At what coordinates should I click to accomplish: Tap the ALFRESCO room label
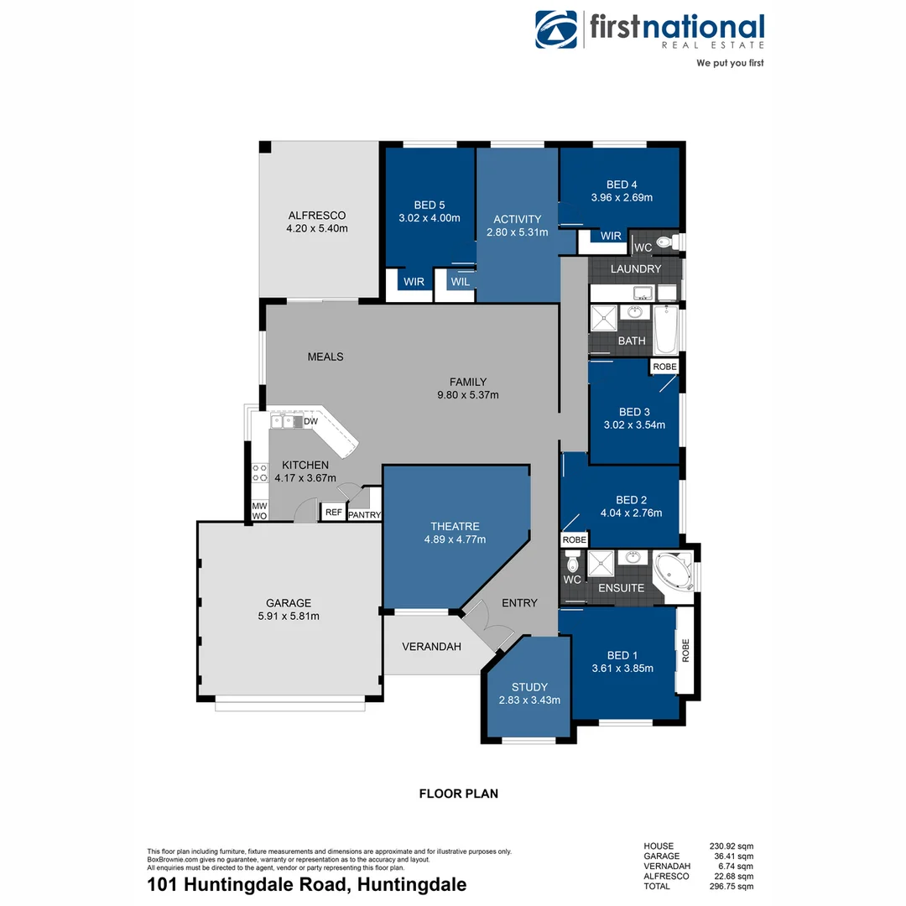pos(316,215)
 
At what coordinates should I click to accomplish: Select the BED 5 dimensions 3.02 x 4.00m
pos(430,218)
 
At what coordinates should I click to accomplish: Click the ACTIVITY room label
pos(517,219)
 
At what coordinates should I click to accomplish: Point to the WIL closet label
pos(461,282)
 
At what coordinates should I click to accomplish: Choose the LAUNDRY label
pos(635,269)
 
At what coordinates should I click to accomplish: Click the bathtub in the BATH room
pos(665,329)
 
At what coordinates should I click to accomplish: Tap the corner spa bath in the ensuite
pos(674,571)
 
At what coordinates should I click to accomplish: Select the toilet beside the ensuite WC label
pos(574,559)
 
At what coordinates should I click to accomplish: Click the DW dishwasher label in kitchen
pos(310,421)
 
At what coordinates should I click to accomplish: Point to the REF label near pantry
pos(333,513)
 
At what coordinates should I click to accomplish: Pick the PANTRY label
pos(364,515)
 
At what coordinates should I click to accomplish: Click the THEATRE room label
pos(455,526)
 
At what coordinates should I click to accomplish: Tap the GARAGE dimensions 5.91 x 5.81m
pos(289,616)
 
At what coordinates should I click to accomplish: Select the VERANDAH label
pos(431,647)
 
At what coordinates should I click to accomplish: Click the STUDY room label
pos(528,687)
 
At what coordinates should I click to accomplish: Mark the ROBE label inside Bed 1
pos(685,651)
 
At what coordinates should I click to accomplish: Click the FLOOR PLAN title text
pos(458,793)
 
